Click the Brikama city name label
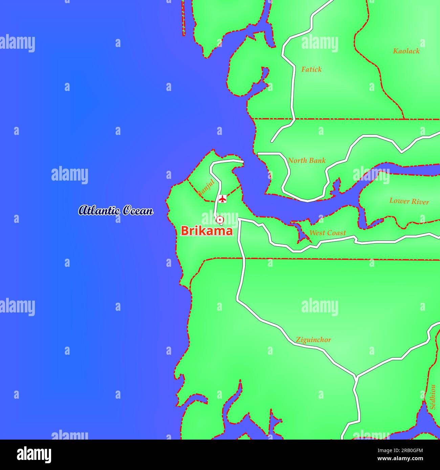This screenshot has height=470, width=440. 207,231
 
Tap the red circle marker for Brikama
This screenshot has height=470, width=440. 220,220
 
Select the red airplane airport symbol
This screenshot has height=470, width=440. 222,199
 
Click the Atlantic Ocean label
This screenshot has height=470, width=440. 116,210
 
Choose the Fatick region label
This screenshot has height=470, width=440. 311,69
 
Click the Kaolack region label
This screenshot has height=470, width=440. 406,51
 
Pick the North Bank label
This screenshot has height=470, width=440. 307,161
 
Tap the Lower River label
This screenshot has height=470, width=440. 409,201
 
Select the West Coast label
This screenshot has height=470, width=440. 327,233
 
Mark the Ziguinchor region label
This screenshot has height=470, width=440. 313,340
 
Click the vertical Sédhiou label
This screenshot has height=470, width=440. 433,397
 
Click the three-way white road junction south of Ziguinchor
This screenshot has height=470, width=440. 355,376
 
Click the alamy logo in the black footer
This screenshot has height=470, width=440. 34,455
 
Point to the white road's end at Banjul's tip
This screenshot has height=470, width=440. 242,162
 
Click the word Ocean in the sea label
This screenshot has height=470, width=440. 137,210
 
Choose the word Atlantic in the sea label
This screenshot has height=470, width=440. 99,210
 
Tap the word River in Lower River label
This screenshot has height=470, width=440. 420,202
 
